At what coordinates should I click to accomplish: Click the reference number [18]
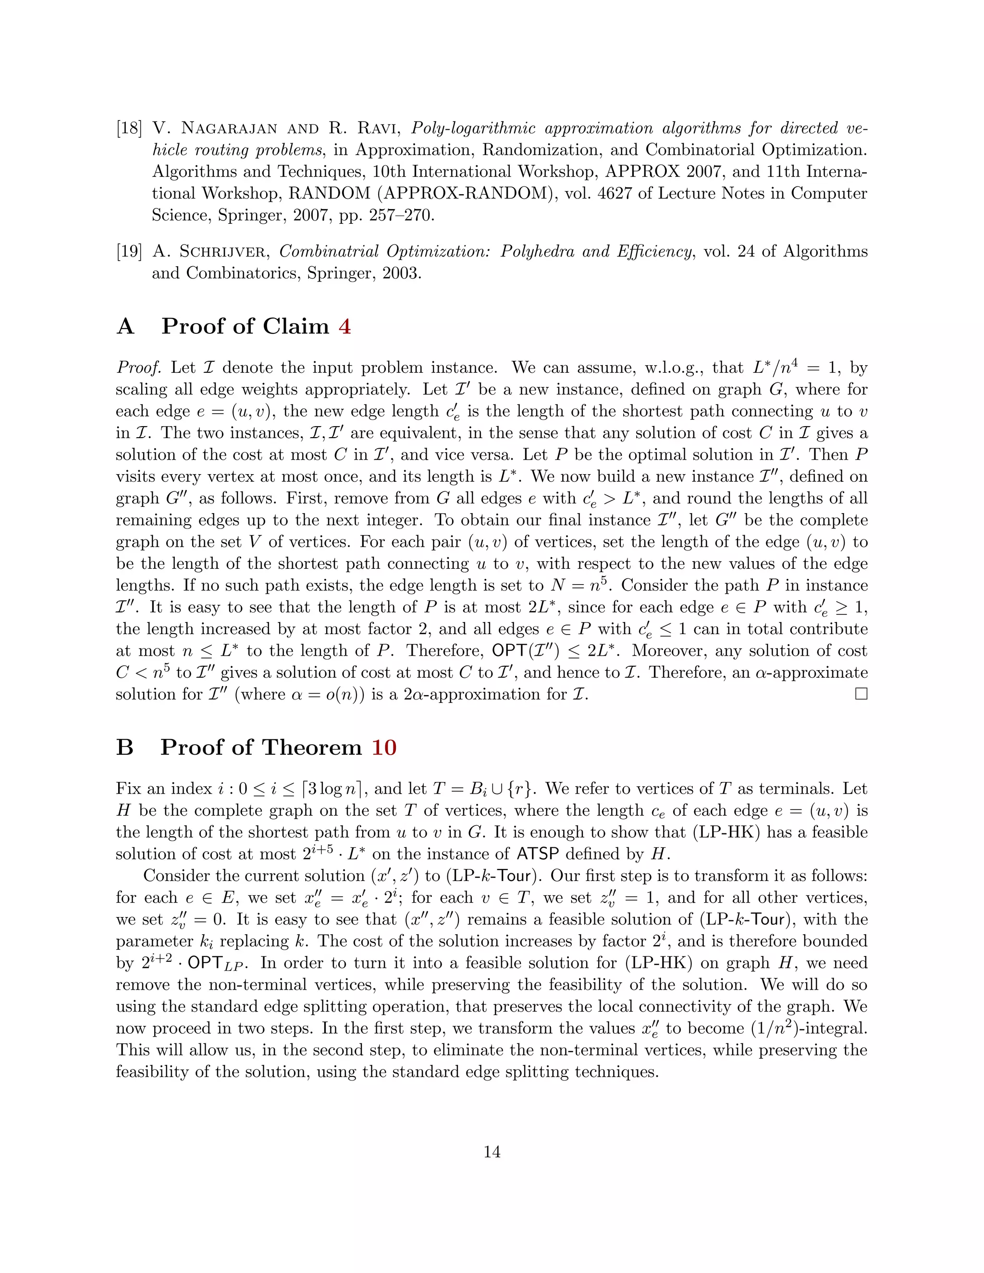129,129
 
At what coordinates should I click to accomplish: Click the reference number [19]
129,252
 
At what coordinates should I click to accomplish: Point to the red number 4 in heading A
344,326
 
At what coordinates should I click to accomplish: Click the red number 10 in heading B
383,748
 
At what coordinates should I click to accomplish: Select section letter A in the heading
125,326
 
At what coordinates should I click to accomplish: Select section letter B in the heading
125,748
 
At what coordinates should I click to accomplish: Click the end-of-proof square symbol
861,694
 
